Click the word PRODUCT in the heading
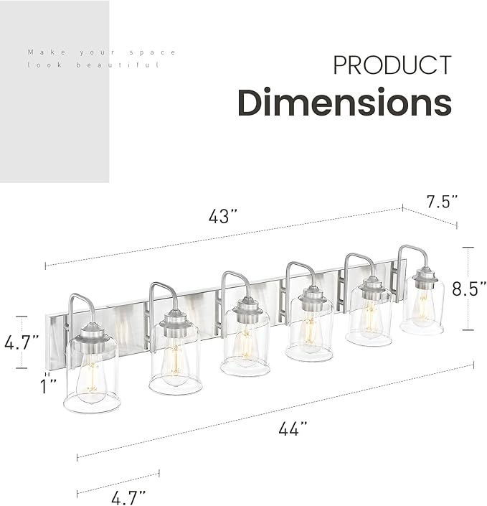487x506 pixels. coord(392,65)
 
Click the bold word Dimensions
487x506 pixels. coord(344,103)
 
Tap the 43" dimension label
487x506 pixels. coord(222,216)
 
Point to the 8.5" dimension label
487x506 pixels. coord(471,288)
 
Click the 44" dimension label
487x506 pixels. coord(293,428)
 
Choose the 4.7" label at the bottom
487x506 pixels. coord(128,495)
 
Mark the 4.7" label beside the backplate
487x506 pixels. coord(20,342)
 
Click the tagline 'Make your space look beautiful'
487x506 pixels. coord(101,58)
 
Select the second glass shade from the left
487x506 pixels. coord(176,362)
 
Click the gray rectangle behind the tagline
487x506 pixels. coord(55,129)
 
